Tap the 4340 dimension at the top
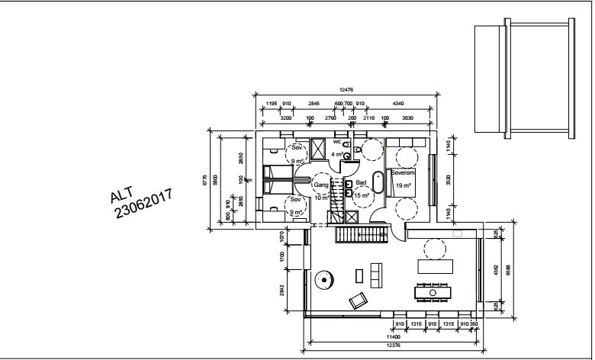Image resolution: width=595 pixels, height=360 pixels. [x=398, y=104]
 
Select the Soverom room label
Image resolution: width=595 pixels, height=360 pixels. [x=401, y=173]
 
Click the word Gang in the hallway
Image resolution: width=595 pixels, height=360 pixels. [x=320, y=185]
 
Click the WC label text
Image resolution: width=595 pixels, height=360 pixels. [x=336, y=141]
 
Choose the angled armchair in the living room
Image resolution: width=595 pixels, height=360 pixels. [x=357, y=301]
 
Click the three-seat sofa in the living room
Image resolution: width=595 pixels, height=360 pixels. [x=374, y=275]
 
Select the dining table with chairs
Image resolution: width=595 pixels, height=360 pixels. [x=433, y=291]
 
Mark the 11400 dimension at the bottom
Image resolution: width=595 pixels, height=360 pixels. [x=394, y=336]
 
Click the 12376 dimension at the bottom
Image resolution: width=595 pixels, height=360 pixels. [x=394, y=345]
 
